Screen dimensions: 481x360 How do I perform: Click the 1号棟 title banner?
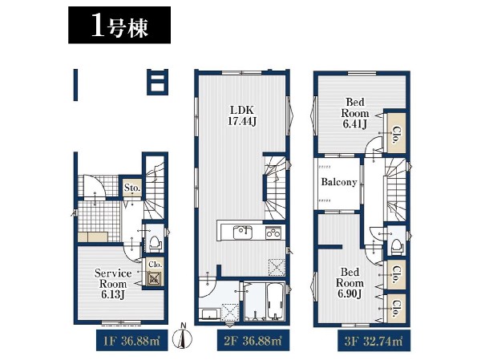pyautogui.click(x=119, y=25)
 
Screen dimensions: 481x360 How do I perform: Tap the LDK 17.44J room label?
pyautogui.click(x=242, y=115)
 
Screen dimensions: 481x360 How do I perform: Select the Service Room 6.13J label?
pyautogui.click(x=113, y=284)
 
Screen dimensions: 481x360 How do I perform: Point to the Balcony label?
pyautogui.click(x=339, y=182)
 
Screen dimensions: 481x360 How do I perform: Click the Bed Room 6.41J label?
pyautogui.click(x=355, y=113)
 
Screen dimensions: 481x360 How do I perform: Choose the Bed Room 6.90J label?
pyautogui.click(x=350, y=283)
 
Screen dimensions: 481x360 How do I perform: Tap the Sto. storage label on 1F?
pyautogui.click(x=132, y=187)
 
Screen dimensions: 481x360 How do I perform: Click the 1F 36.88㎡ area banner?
pyautogui.click(x=132, y=341)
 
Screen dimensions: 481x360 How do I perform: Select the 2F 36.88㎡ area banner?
pyautogui.click(x=253, y=341)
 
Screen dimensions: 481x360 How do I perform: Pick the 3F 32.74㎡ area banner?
pyautogui.click(x=374, y=341)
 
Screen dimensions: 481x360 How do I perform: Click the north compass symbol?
pyautogui.click(x=183, y=338)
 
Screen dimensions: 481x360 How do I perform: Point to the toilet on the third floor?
pyautogui.click(x=398, y=244)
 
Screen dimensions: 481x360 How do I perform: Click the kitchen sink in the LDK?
pyautogui.click(x=243, y=233)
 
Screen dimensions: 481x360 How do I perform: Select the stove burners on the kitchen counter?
pyautogui.click(x=273, y=233)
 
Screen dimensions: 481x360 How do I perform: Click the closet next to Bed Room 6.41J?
pyautogui.click(x=396, y=132)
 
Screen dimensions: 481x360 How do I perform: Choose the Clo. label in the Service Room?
pyautogui.click(x=155, y=265)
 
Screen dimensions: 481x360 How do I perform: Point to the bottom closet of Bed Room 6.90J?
pyautogui.click(x=396, y=308)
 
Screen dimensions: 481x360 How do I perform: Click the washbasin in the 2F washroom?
pyautogui.click(x=210, y=314)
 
